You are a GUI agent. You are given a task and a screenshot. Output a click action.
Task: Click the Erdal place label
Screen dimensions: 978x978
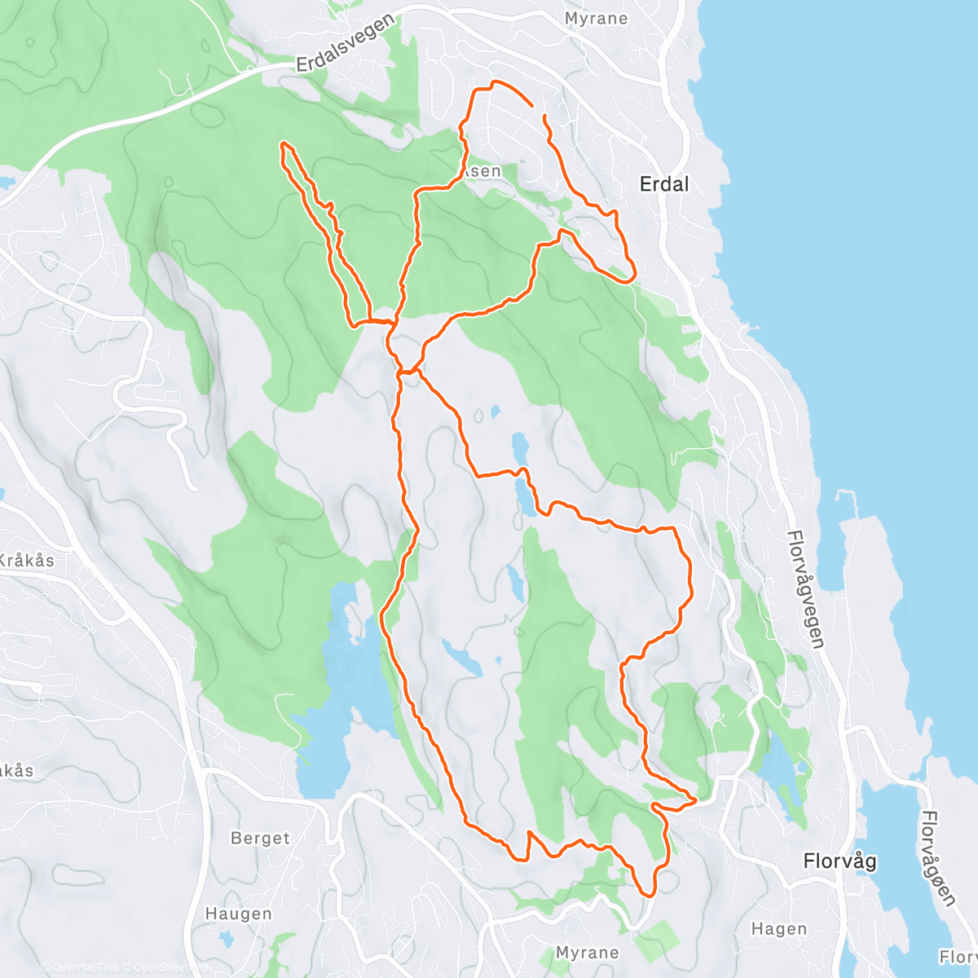click(x=664, y=184)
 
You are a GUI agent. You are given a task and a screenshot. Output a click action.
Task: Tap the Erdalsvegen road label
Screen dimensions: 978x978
click(x=346, y=43)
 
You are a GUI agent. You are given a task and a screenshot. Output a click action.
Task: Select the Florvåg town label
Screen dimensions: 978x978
click(x=839, y=861)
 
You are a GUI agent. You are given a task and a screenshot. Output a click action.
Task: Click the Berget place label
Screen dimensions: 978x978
click(x=260, y=838)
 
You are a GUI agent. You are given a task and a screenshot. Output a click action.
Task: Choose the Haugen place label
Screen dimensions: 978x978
click(x=238, y=914)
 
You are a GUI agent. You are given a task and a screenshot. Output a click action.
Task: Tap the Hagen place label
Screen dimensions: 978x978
click(x=779, y=928)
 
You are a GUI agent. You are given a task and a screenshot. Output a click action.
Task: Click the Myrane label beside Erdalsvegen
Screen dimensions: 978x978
click(x=596, y=18)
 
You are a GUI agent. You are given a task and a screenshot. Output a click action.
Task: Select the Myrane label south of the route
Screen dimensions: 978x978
click(x=587, y=952)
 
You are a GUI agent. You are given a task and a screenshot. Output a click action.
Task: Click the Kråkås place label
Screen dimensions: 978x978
click(x=26, y=560)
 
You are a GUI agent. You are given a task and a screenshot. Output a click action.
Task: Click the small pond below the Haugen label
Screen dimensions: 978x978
click(x=226, y=939)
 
